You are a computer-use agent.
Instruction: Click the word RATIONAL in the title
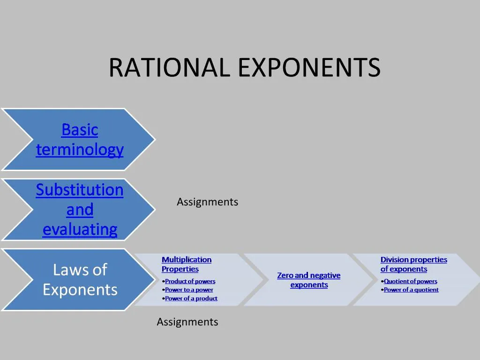169,67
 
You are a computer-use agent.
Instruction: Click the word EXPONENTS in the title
309,67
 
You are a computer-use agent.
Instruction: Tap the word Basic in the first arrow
80,130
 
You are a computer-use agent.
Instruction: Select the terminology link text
80,150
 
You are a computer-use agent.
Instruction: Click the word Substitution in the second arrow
80,190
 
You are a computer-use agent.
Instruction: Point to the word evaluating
80,230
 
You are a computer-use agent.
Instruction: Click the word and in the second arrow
80,210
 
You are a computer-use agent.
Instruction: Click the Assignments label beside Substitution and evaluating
207,202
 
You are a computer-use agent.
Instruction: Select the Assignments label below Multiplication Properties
187,322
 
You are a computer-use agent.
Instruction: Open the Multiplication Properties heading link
186,264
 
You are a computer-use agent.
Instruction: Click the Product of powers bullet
190,281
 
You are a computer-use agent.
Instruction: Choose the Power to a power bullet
189,290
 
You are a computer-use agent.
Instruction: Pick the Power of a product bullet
191,298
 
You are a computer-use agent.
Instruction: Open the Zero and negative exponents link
309,280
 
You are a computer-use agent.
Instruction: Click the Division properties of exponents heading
413,264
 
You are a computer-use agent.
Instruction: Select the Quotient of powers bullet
410,281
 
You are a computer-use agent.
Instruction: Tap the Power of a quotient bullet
411,290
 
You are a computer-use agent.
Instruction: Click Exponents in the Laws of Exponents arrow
80,290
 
